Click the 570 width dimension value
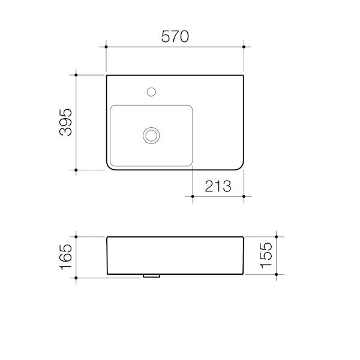pyautogui.click(x=175, y=37)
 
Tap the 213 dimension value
pyautogui.click(x=218, y=187)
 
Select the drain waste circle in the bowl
pyautogui.click(x=152, y=135)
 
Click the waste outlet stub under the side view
pyautogui.click(x=151, y=277)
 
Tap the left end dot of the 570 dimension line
pyautogui.click(x=106, y=46)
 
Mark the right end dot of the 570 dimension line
pyautogui.click(x=244, y=46)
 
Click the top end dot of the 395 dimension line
pyautogui.click(x=76, y=74)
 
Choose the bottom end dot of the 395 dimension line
pyautogui.click(x=76, y=170)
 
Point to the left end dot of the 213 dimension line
pyautogui.click(x=192, y=196)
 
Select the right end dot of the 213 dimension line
pyautogui.click(x=244, y=196)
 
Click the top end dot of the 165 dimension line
pyautogui.click(x=76, y=237)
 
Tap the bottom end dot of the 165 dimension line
pyautogui.click(x=76, y=278)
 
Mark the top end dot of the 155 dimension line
pyautogui.click(x=276, y=237)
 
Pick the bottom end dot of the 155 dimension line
pyautogui.click(x=276, y=275)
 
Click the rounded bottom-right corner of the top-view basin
pyautogui.click(x=239, y=166)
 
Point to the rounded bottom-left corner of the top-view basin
pyautogui.click(x=110, y=166)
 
